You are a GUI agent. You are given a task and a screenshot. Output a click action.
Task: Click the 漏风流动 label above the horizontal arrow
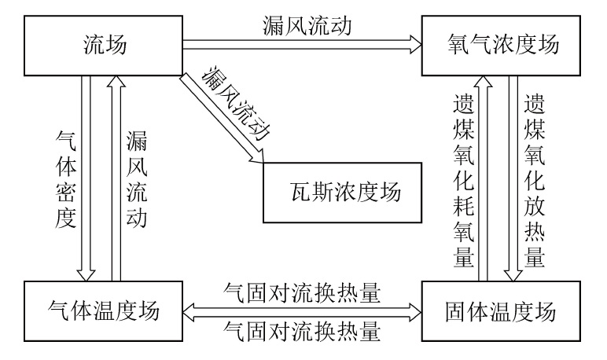tap(302, 26)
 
